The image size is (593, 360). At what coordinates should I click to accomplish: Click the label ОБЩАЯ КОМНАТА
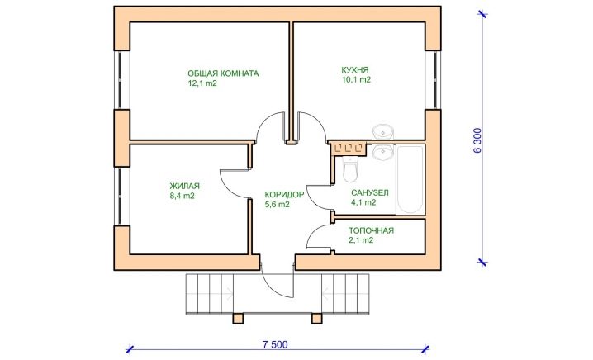[x=223, y=73]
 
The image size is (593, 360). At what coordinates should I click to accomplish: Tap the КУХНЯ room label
[x=355, y=70]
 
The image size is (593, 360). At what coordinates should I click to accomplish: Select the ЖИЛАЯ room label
[x=184, y=186]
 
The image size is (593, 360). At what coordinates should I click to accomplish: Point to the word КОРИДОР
[x=284, y=195]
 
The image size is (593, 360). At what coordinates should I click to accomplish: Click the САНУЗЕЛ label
[x=369, y=193]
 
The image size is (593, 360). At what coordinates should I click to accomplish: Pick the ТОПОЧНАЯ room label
[x=371, y=230]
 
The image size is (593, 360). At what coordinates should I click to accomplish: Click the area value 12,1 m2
[x=202, y=83]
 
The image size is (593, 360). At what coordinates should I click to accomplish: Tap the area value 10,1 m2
[x=356, y=80]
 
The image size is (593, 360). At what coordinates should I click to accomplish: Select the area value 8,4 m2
[x=183, y=196]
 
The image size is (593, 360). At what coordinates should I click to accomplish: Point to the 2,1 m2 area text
[x=361, y=240]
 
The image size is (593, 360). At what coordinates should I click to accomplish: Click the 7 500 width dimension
[x=275, y=344]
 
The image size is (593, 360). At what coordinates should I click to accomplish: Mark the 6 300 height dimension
[x=477, y=140]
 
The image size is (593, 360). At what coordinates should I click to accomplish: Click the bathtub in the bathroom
[x=410, y=180]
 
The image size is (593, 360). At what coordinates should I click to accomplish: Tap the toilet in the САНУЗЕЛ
[x=349, y=169]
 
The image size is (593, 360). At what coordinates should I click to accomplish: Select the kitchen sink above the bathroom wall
[x=382, y=132]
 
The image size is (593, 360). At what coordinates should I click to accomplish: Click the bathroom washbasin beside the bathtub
[x=382, y=152]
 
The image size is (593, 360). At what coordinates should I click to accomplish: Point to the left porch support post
[x=238, y=319]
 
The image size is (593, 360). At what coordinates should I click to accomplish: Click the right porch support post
[x=316, y=319]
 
